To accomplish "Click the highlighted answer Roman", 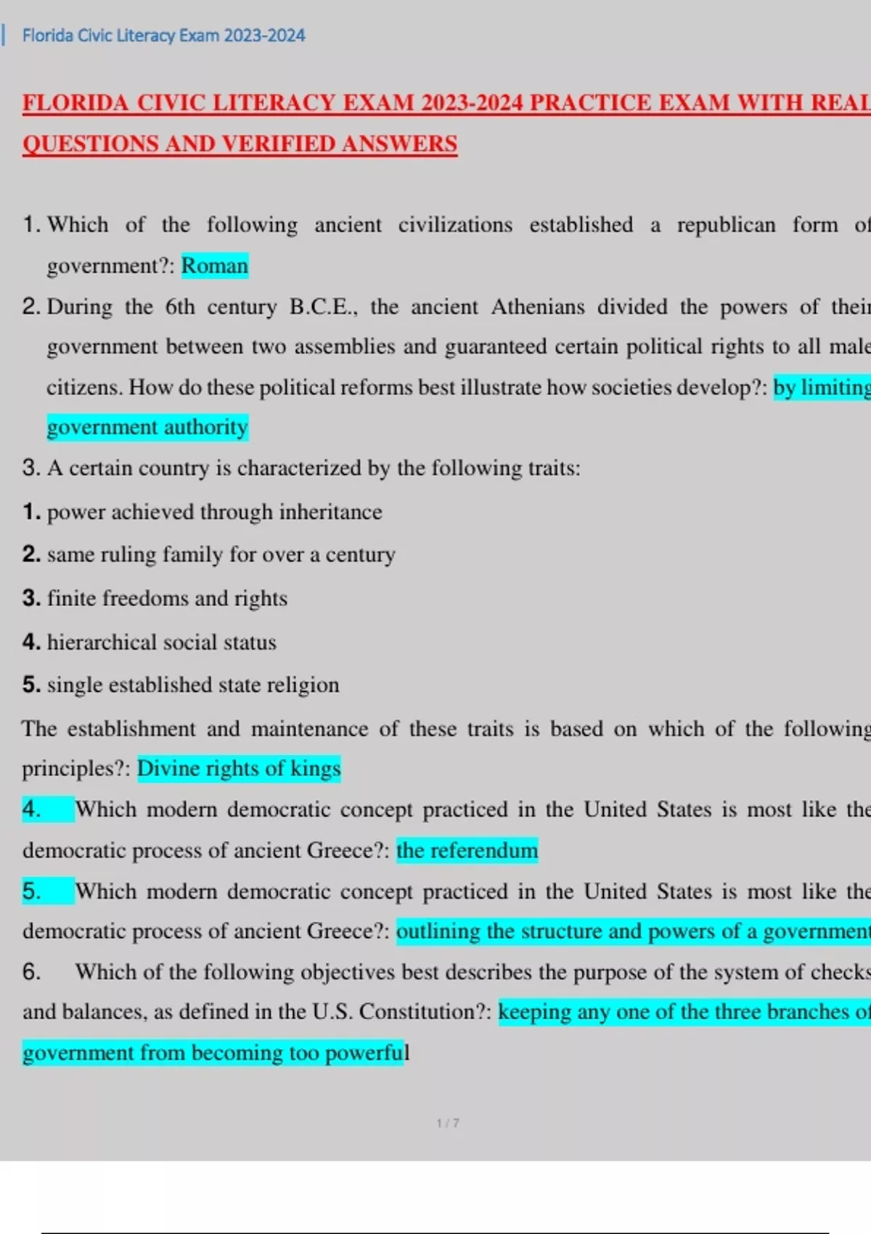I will [214, 266].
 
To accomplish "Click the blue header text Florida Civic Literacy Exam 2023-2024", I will [163, 36].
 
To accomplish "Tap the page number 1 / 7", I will [447, 1123].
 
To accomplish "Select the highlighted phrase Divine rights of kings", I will [239, 768].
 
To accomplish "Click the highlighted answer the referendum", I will [467, 850].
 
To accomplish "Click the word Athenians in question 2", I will [537, 306].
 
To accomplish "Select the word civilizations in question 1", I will [454, 225].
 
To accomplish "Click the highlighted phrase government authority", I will [147, 427].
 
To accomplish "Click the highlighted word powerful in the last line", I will [364, 1053].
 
